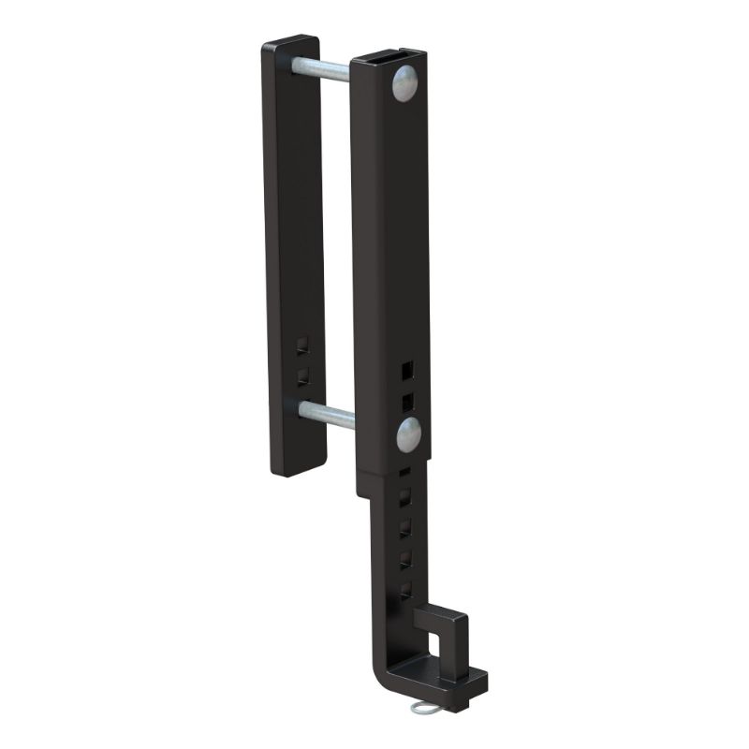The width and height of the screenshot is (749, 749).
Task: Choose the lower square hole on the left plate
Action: (x=301, y=375)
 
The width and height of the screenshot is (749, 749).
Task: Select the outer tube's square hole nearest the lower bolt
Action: (x=406, y=402)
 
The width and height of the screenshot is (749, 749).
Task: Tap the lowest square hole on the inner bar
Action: (x=405, y=589)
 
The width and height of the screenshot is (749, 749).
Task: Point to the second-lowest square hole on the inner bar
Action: (x=405, y=559)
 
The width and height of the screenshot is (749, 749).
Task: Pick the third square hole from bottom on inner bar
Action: (x=405, y=529)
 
